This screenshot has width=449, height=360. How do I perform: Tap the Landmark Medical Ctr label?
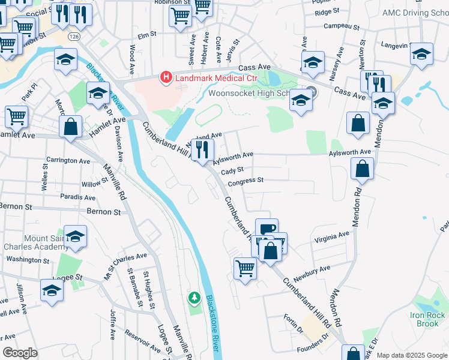coord(205,78)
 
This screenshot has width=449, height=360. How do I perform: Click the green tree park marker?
coord(194,298)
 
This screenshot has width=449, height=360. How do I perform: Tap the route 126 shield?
coord(74,37)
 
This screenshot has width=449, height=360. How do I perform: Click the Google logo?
coord(20,353)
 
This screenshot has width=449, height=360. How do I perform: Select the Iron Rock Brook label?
coord(428,319)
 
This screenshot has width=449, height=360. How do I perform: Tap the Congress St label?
coord(246,180)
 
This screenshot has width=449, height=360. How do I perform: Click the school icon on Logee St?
coord(52,290)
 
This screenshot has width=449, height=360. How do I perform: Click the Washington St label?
coord(28,260)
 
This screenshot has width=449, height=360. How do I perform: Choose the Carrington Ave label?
coord(68,161)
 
